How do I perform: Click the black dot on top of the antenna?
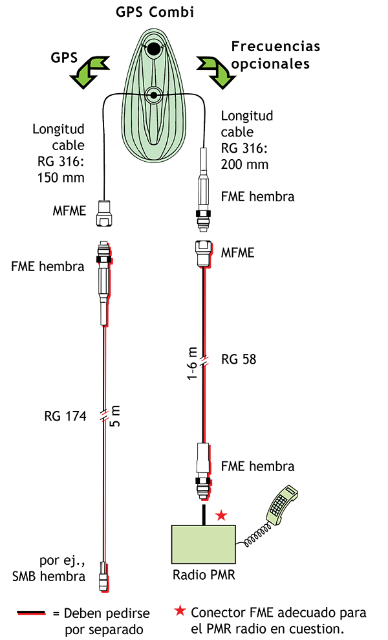(x=153, y=49)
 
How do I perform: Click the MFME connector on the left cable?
(x=105, y=213)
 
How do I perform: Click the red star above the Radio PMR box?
(x=221, y=515)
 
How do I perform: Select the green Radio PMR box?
(x=204, y=544)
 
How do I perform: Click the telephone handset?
(x=281, y=504)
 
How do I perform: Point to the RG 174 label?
(x=65, y=417)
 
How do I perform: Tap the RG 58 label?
(x=239, y=359)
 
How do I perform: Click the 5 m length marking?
(x=116, y=415)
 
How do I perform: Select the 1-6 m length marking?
(x=192, y=364)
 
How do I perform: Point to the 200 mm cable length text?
(x=244, y=164)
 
